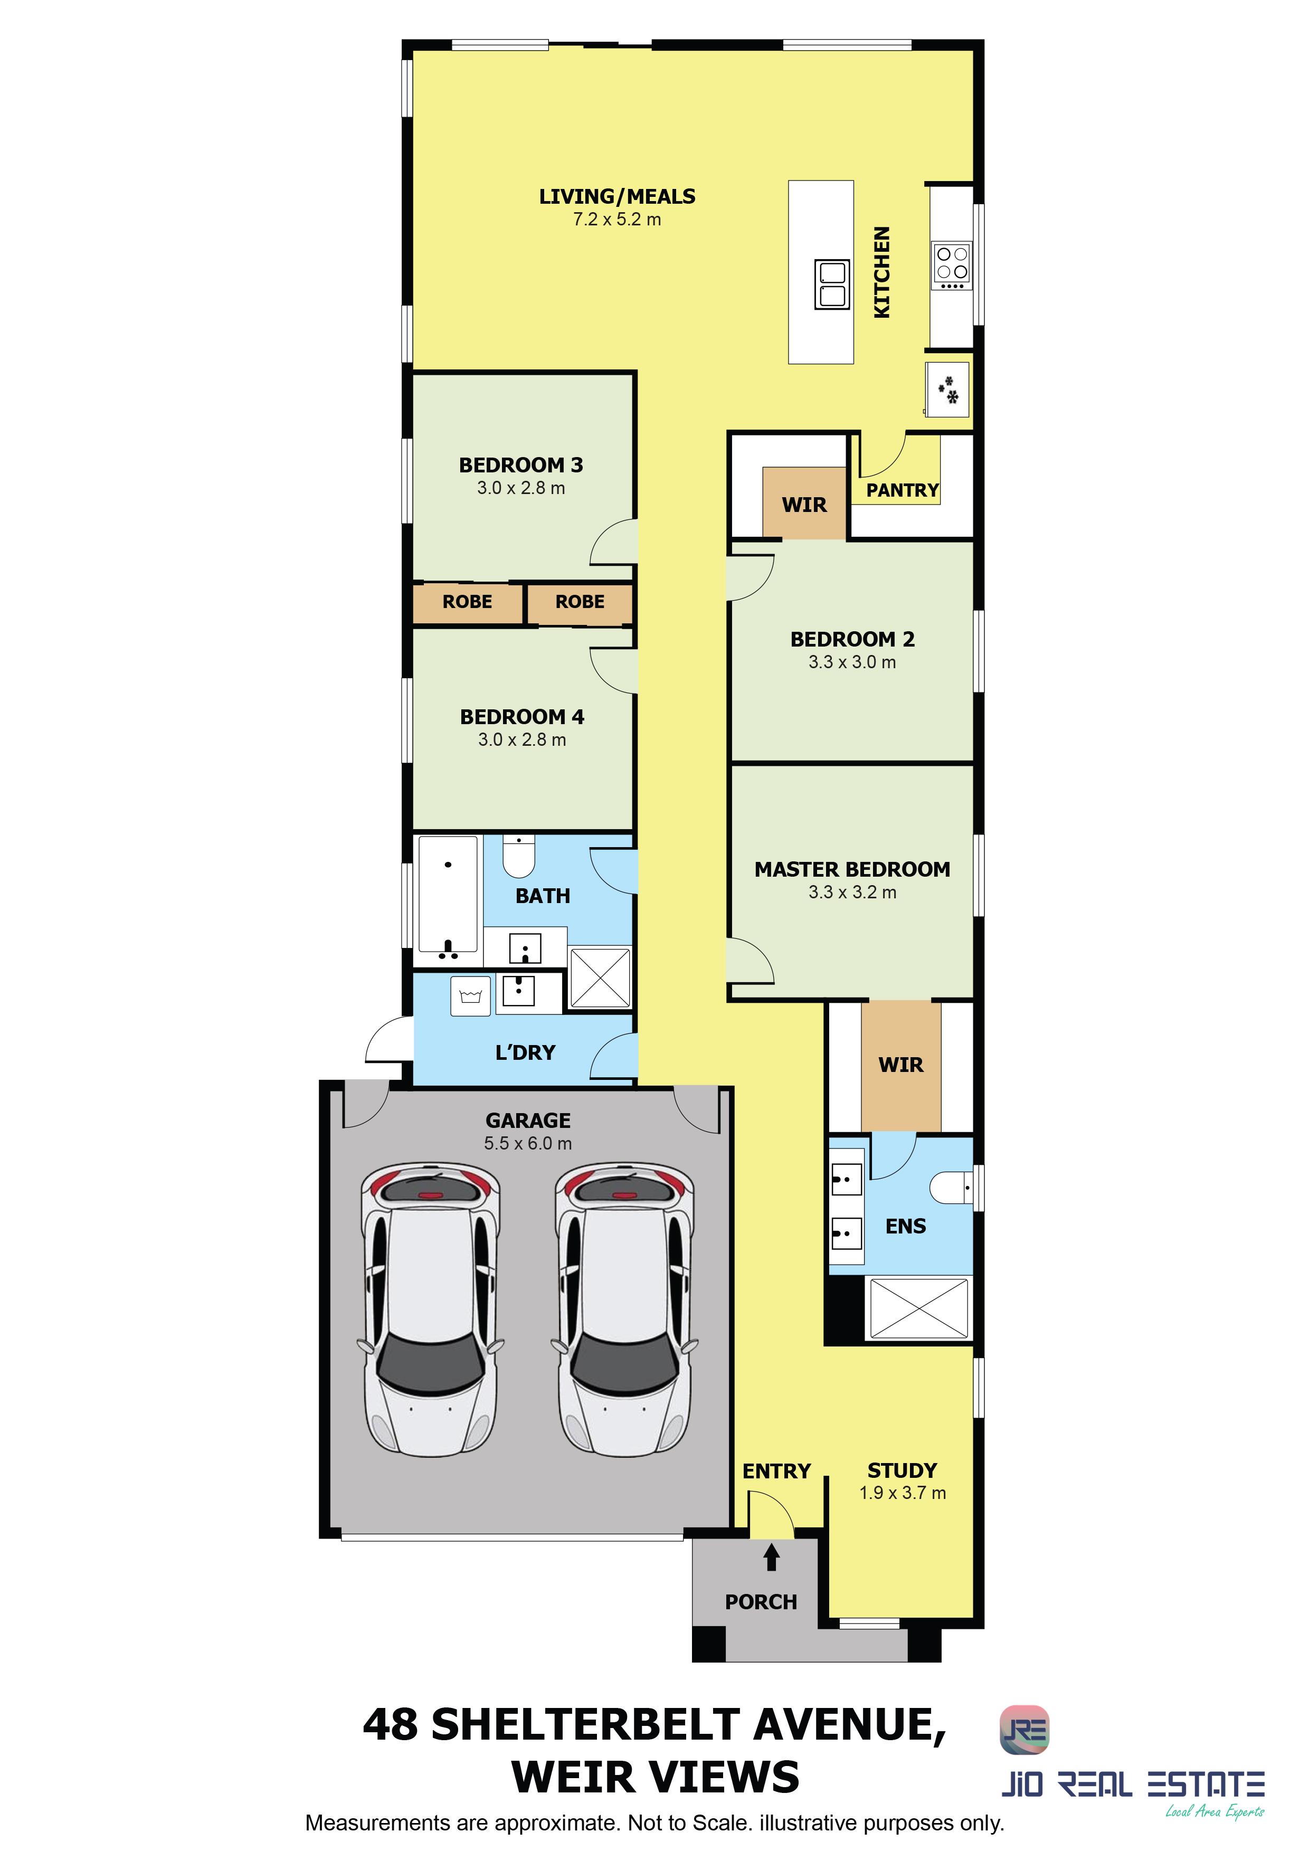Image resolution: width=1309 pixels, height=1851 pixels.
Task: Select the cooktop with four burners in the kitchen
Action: pyautogui.click(x=952, y=266)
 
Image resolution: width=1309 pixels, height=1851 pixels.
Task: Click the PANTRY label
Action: pyautogui.click(x=902, y=490)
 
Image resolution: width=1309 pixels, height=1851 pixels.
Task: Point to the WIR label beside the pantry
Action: pyautogui.click(x=804, y=505)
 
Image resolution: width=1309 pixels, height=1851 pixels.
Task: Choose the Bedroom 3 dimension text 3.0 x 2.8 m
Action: pyautogui.click(x=521, y=488)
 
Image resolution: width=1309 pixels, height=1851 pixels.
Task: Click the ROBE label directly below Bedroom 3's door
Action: pyautogui.click(x=580, y=601)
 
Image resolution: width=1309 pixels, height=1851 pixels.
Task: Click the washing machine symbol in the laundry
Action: pyautogui.click(x=470, y=996)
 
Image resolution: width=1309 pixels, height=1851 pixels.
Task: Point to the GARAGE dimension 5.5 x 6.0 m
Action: pyautogui.click(x=528, y=1143)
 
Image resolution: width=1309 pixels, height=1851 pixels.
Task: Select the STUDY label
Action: pyautogui.click(x=902, y=1470)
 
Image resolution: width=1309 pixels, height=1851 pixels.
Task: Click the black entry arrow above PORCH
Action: pyautogui.click(x=771, y=1556)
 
